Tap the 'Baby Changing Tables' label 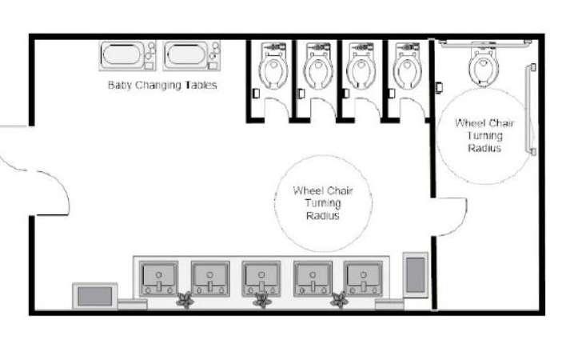click(x=162, y=85)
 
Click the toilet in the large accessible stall click(x=483, y=67)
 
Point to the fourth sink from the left click(x=313, y=277)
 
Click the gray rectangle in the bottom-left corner click(x=94, y=295)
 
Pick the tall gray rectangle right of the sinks click(x=415, y=274)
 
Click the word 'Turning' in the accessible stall click(x=484, y=136)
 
